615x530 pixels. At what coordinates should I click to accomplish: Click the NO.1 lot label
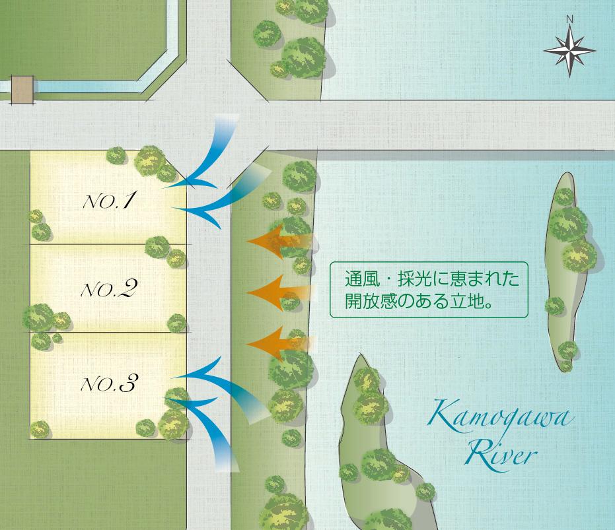pyautogui.click(x=108, y=201)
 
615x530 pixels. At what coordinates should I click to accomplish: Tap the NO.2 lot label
pyautogui.click(x=108, y=288)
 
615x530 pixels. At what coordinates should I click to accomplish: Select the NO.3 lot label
pyautogui.click(x=108, y=383)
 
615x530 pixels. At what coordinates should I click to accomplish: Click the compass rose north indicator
pyautogui.click(x=569, y=48)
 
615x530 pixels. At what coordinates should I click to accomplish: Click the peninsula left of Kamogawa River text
pyautogui.click(x=370, y=436)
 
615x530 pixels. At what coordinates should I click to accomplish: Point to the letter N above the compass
pyautogui.click(x=569, y=20)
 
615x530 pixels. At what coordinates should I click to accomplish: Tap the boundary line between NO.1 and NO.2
pyautogui.click(x=109, y=244)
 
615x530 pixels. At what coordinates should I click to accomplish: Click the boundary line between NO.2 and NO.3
pyautogui.click(x=109, y=332)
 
